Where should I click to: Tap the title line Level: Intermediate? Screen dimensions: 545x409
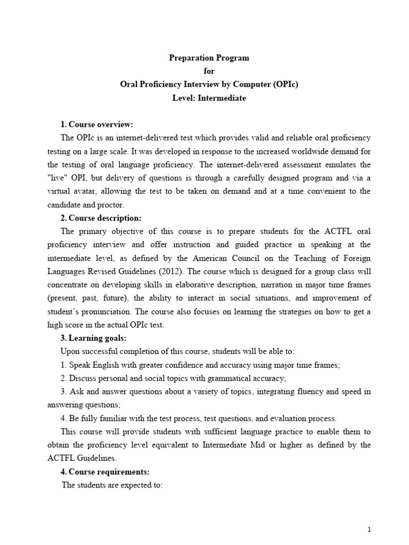209,98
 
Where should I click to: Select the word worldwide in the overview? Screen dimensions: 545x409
306,151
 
